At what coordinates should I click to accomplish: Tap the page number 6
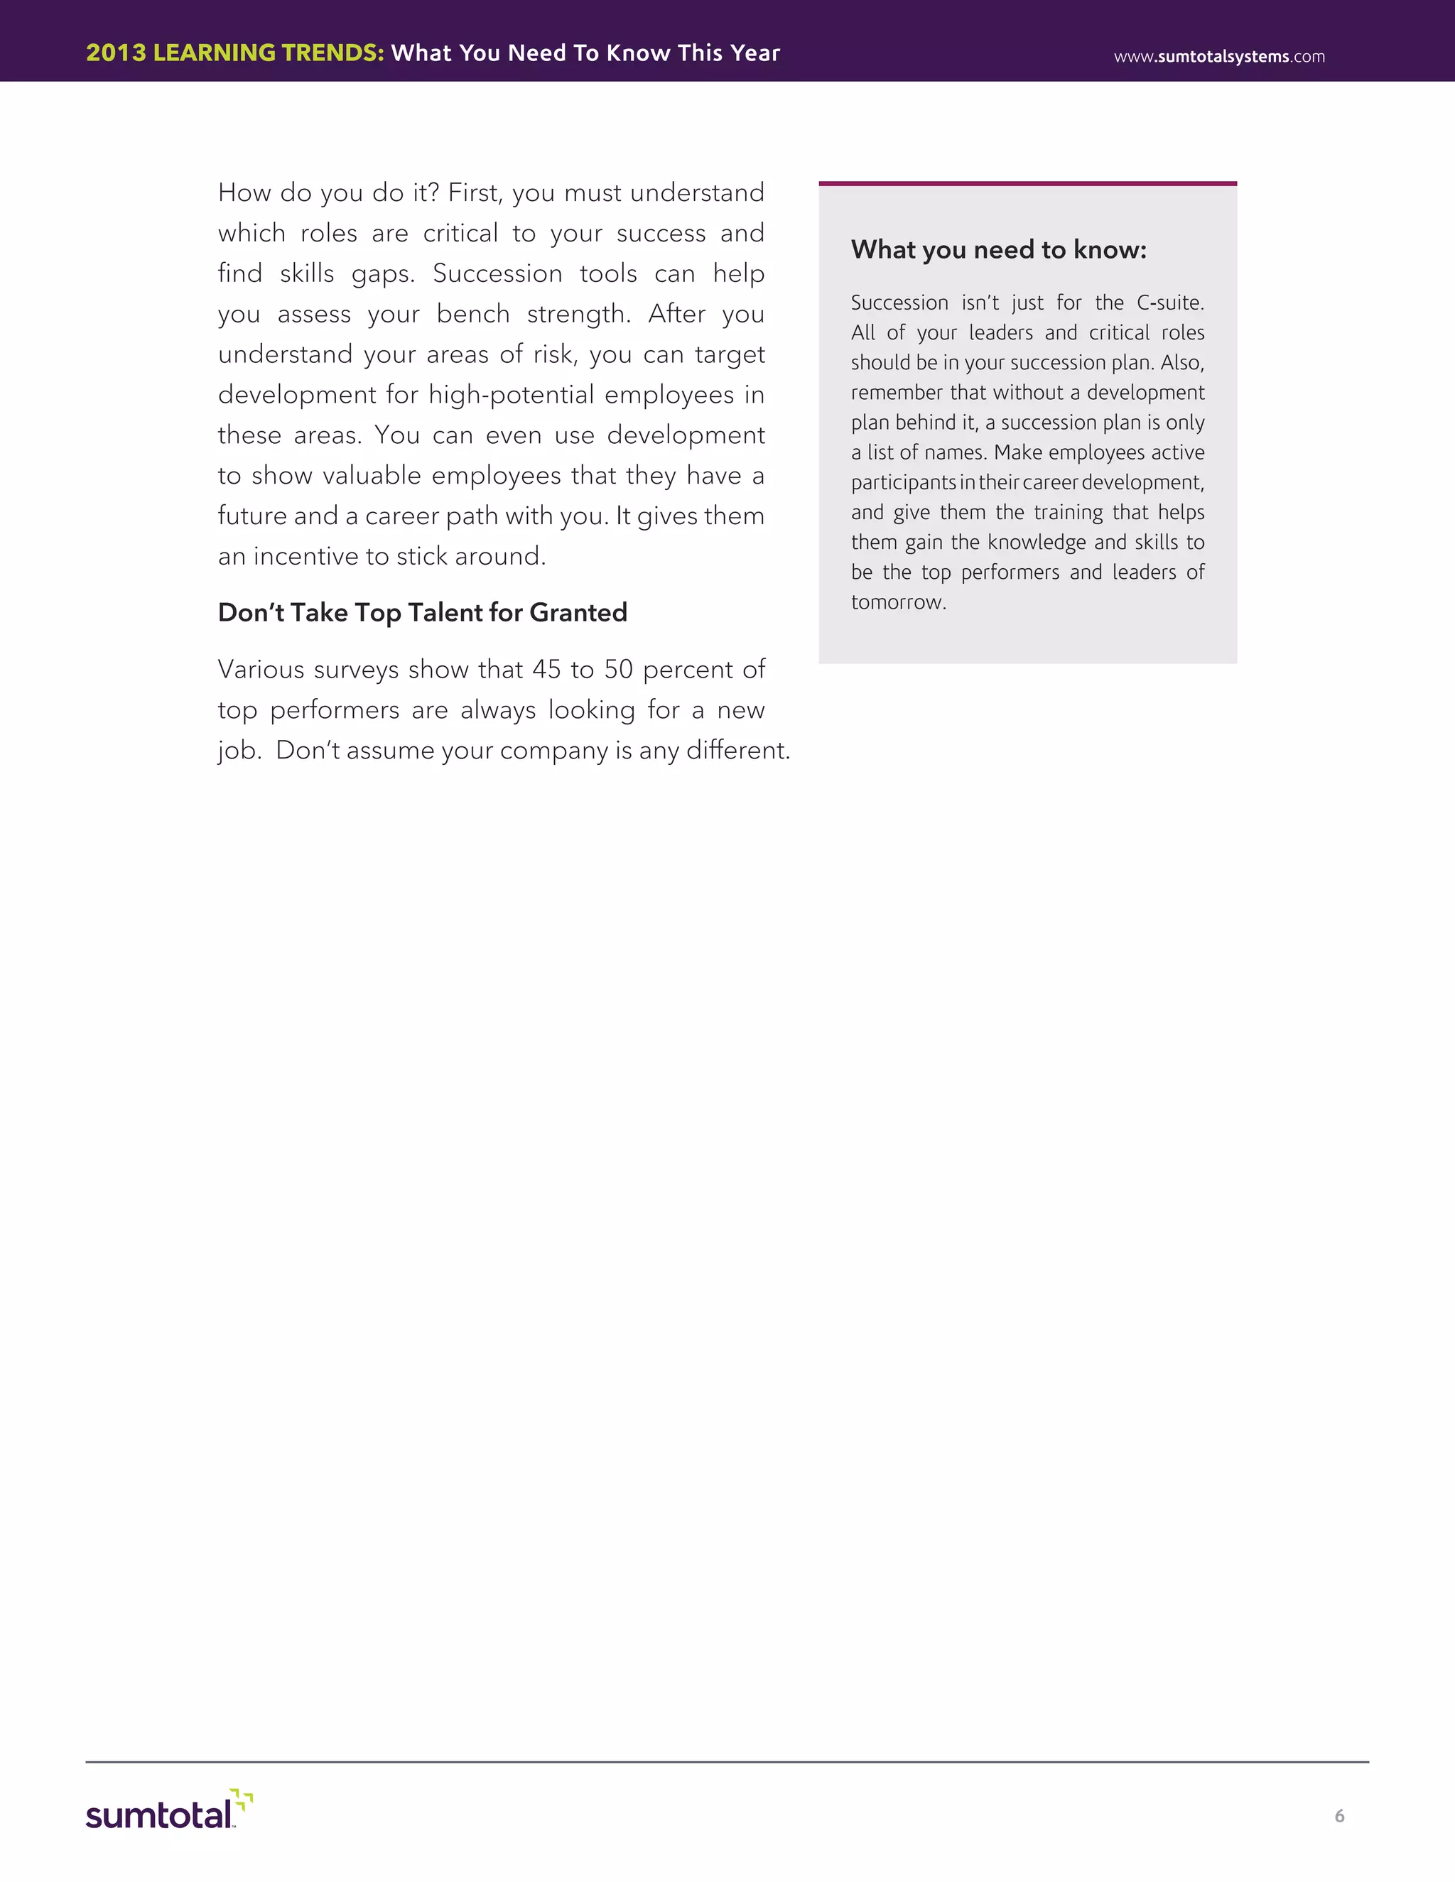pos(1338,1817)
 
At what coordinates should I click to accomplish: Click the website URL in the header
pos(1219,57)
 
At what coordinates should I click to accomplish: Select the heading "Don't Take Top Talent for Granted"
pos(423,613)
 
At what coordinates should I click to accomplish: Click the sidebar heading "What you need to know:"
pos(998,250)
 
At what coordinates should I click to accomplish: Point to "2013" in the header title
pos(116,53)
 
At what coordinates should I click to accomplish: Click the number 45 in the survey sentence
pos(546,670)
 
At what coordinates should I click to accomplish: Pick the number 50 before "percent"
pos(618,670)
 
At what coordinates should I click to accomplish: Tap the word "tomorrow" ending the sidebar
pos(897,602)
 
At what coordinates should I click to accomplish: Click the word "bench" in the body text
pos(472,314)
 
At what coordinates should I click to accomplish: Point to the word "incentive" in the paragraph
pos(305,557)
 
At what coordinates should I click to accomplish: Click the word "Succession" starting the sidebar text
pos(899,303)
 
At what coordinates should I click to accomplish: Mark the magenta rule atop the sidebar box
pos(1027,183)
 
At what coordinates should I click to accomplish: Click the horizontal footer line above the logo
pos(727,1762)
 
